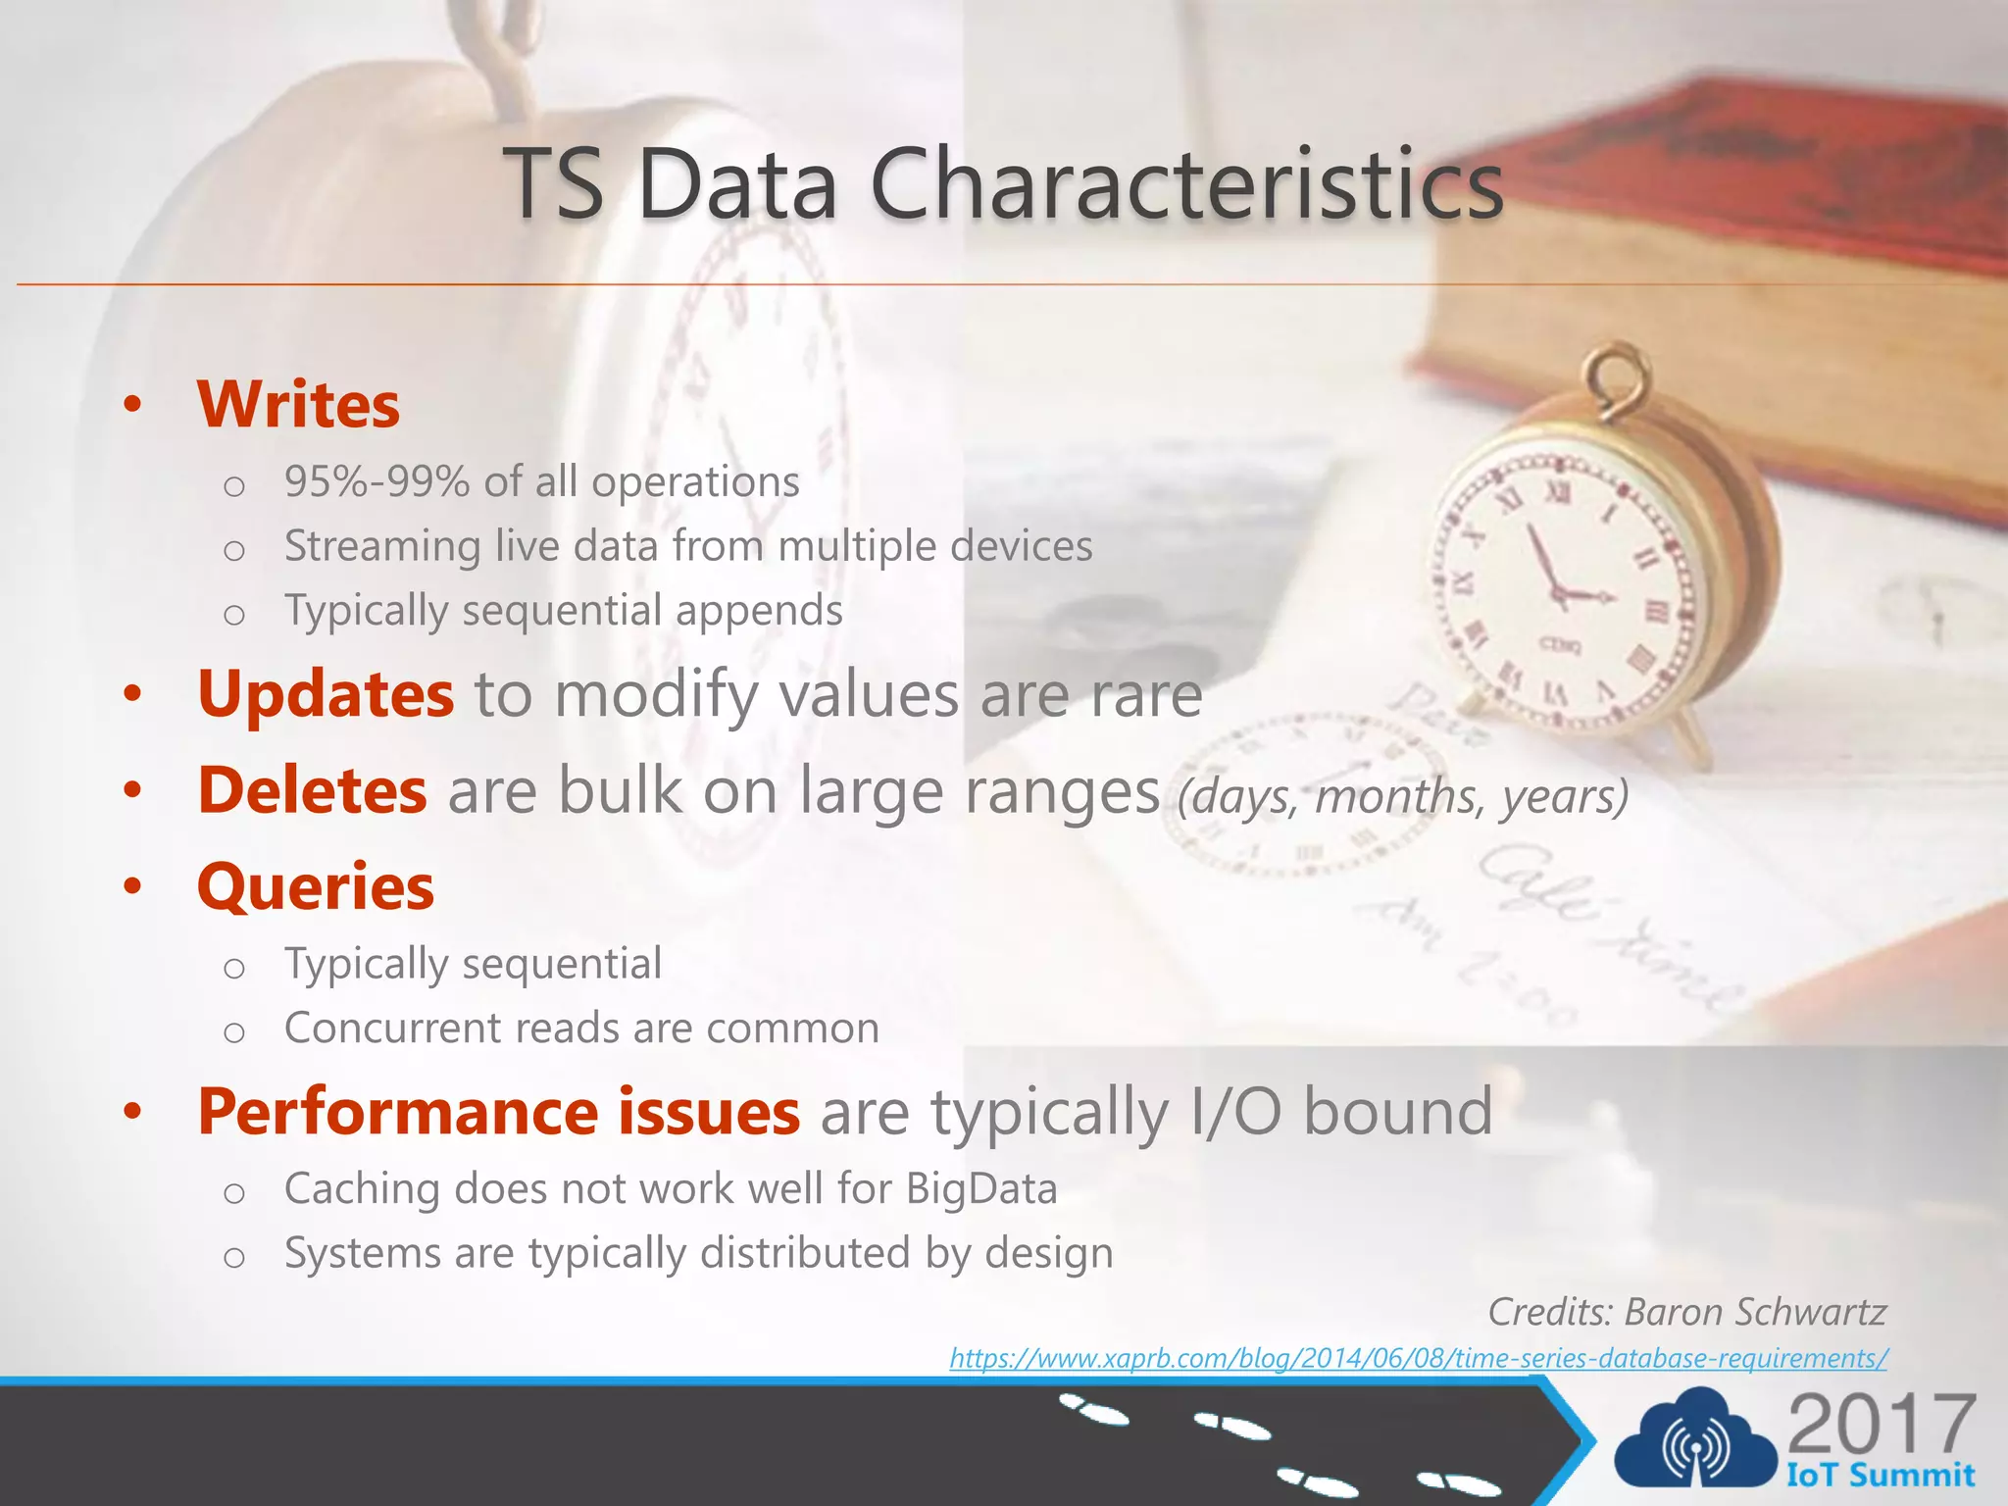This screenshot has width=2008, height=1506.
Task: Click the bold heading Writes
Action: coord(298,405)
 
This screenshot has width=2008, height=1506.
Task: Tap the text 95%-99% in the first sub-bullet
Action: coord(376,482)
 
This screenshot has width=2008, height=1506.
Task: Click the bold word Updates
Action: coord(326,694)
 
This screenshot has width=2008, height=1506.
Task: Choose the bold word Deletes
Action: coord(312,790)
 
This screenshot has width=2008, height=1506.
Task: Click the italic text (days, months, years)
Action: coord(1402,796)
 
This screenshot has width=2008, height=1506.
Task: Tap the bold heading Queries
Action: coord(316,886)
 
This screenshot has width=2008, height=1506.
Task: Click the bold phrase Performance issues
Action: coord(498,1112)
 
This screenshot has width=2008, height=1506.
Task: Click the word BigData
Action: coord(981,1189)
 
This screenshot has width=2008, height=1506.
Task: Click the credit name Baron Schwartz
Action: coord(1755,1312)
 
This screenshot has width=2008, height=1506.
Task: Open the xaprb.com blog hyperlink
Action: coord(1418,1359)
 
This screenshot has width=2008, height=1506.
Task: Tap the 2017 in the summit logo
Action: coord(1881,1425)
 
